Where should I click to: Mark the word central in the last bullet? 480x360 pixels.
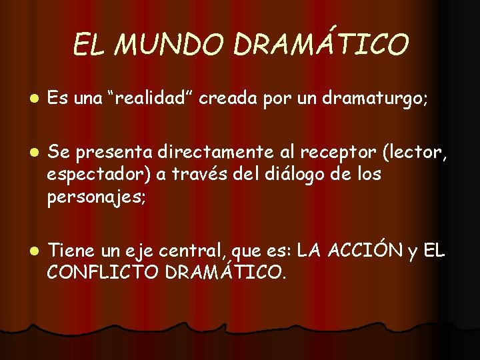pyautogui.click(x=194, y=251)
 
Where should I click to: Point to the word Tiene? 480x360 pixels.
pyautogui.click(x=71, y=251)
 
